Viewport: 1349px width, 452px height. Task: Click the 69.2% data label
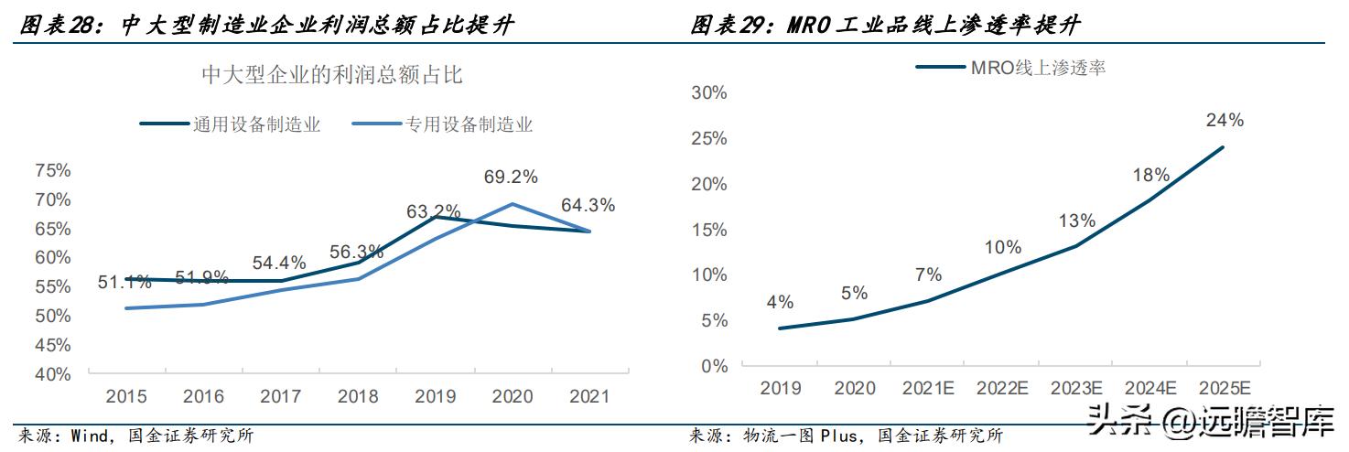tap(511, 177)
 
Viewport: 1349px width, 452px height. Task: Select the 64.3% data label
tap(588, 206)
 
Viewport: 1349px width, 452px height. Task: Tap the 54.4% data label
tap(279, 264)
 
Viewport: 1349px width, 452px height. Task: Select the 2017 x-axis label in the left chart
tap(280, 397)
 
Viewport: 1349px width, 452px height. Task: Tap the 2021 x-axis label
tap(588, 397)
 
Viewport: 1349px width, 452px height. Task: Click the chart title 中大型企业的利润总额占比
tap(332, 75)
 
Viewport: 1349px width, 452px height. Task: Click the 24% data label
tap(1225, 120)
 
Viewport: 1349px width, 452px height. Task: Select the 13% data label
tap(1077, 221)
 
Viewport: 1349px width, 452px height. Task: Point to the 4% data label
tap(780, 303)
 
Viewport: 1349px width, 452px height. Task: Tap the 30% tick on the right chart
tap(709, 92)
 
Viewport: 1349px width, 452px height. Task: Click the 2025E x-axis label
tap(1225, 388)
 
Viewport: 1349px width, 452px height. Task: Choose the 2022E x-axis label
tap(1002, 388)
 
